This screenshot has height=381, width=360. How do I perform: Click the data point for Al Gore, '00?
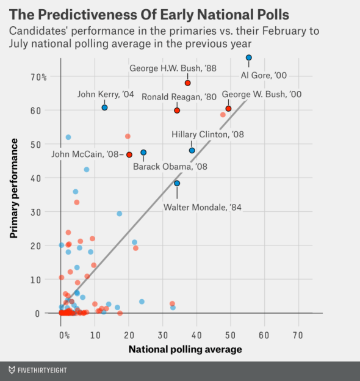click(248, 57)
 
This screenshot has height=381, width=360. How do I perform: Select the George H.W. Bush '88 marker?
click(187, 83)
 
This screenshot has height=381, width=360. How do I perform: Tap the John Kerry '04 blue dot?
click(104, 107)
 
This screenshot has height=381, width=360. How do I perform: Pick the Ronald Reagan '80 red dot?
click(177, 111)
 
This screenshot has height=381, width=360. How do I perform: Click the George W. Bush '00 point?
click(228, 109)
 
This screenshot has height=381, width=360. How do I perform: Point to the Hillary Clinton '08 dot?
click(192, 150)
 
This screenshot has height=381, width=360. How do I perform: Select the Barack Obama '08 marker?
click(143, 153)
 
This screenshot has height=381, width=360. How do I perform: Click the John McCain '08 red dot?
click(129, 155)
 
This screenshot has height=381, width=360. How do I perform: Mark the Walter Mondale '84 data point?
click(177, 183)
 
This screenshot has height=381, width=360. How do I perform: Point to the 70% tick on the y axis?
click(40, 77)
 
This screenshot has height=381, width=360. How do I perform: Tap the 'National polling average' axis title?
click(185, 349)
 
